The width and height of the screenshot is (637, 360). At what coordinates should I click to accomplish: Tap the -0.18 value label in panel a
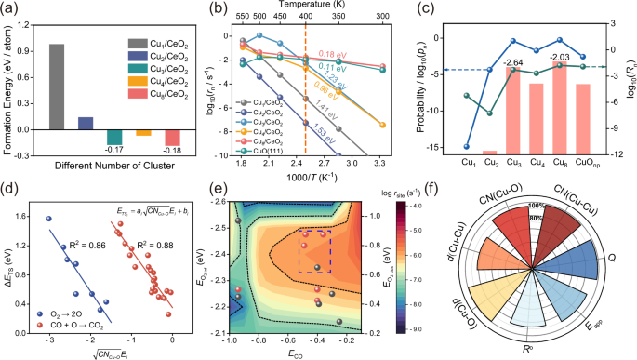point(173,150)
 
